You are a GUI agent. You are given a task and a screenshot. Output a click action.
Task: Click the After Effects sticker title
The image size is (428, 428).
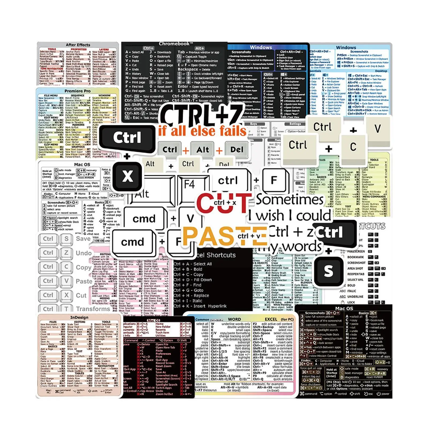pyautogui.click(x=78, y=45)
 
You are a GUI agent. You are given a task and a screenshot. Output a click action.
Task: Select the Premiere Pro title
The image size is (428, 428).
pyautogui.click(x=77, y=91)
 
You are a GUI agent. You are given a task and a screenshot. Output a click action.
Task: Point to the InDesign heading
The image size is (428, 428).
pyautogui.click(x=79, y=317)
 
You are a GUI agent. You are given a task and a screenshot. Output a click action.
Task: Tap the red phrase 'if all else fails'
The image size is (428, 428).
pyautogui.click(x=202, y=131)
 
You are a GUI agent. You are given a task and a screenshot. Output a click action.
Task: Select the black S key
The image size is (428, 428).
pyautogui.click(x=328, y=271)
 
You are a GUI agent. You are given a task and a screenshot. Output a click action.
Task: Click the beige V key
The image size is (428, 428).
pyautogui.click(x=377, y=129)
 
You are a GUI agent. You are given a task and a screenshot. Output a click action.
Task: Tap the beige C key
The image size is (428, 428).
pyautogui.click(x=353, y=147)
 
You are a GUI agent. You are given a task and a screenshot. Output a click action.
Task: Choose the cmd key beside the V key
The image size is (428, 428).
pyautogui.click(x=144, y=219)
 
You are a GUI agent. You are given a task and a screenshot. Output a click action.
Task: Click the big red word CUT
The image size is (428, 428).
pyautogui.click(x=223, y=202)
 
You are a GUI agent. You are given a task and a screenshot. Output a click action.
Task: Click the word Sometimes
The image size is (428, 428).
pyautogui.click(x=290, y=200)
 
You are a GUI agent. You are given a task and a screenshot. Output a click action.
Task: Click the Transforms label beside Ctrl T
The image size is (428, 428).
pyautogui.click(x=93, y=309)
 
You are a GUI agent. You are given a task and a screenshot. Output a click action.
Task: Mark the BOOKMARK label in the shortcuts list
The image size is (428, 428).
pyautogui.click(x=356, y=257)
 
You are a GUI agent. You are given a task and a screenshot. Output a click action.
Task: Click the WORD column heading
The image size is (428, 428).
pyautogui.click(x=234, y=319)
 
